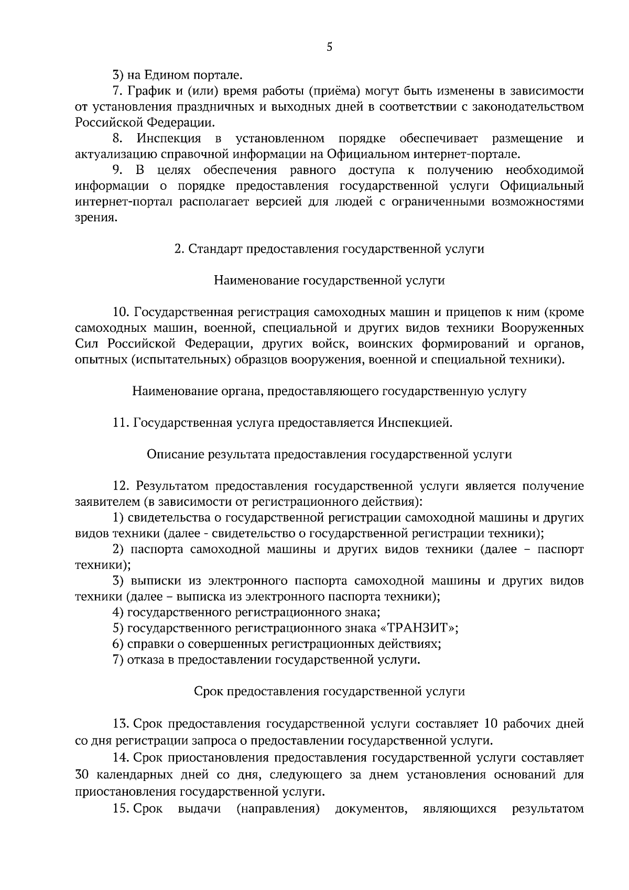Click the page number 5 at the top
[329, 47]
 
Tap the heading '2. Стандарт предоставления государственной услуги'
[329, 249]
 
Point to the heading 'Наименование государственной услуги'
[329, 280]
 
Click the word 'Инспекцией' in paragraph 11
[414, 422]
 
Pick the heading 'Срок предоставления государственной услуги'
[329, 691]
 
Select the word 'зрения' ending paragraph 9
[94, 218]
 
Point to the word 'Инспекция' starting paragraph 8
[169, 138]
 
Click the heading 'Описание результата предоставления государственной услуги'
[329, 454]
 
